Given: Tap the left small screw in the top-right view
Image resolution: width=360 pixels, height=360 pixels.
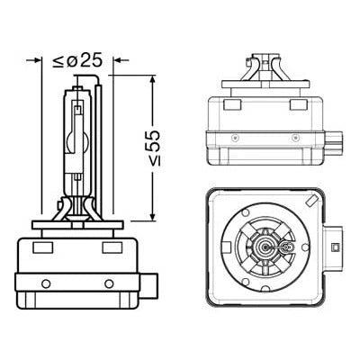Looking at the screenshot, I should click(x=236, y=138).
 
